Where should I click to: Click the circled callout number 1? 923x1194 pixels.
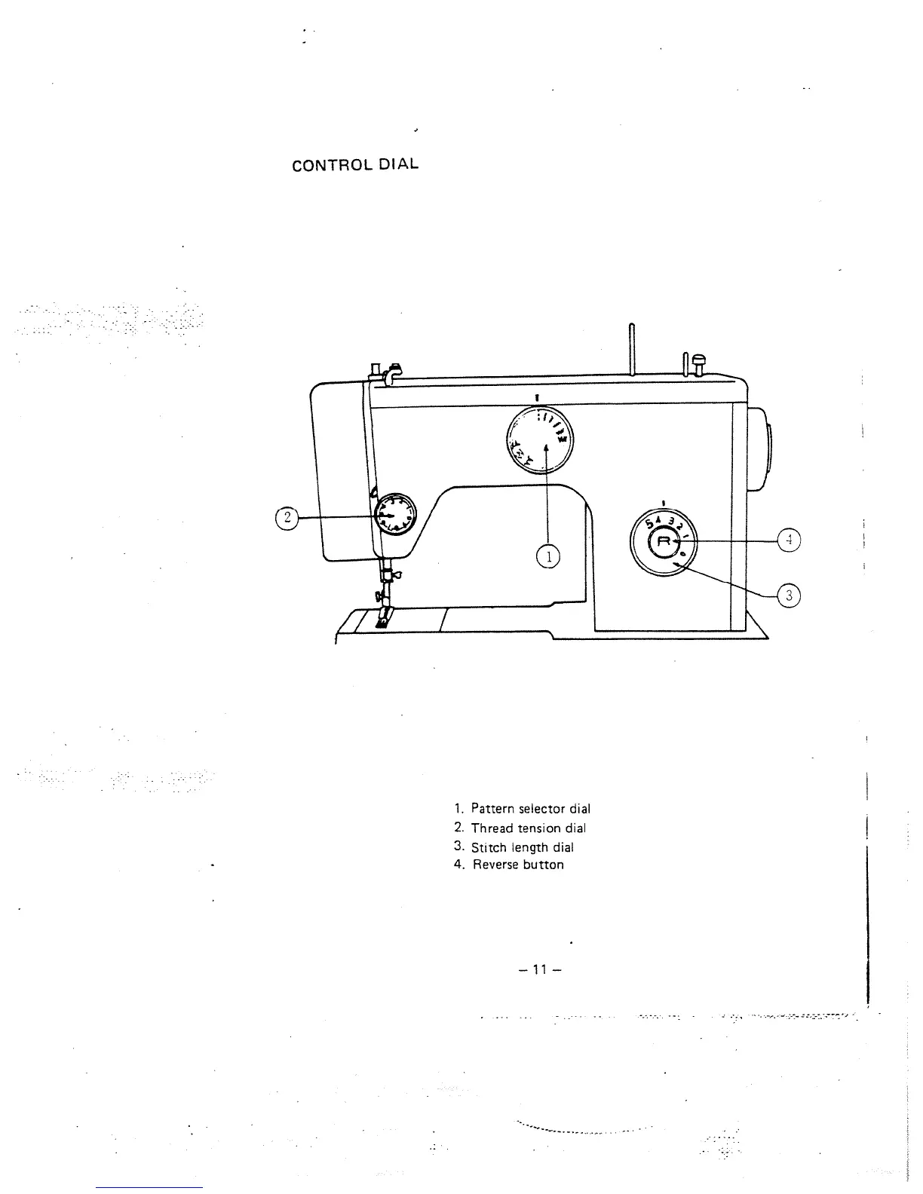(x=549, y=557)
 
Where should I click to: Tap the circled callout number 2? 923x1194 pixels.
(x=286, y=517)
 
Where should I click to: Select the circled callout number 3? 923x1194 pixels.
(x=788, y=595)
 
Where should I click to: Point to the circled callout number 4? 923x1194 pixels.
(x=788, y=540)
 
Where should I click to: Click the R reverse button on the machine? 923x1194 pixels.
(x=664, y=541)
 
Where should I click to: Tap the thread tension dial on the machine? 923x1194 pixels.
(x=395, y=514)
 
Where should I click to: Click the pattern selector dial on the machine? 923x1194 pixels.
(x=539, y=439)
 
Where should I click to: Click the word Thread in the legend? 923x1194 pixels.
(x=490, y=828)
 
